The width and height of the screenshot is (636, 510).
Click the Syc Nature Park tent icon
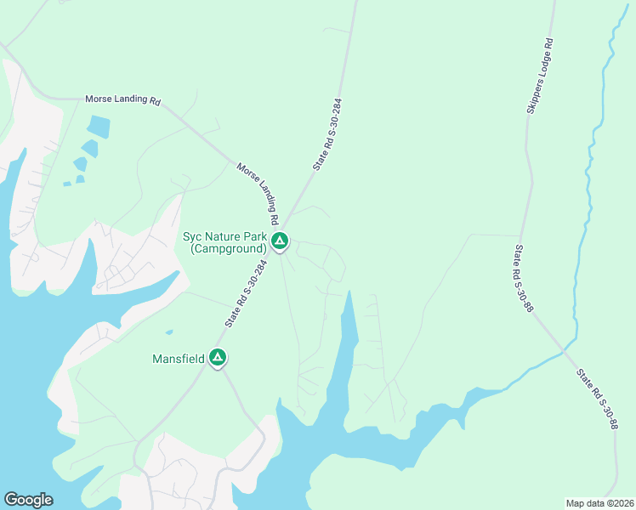[x=280, y=242]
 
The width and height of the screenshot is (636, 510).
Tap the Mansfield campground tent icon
[x=219, y=359]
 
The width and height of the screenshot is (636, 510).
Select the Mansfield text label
[x=179, y=359]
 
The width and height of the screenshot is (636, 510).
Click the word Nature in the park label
[x=233, y=236]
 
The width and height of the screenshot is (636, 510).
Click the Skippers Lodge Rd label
[x=539, y=75]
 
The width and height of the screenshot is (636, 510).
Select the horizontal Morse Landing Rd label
[x=122, y=99]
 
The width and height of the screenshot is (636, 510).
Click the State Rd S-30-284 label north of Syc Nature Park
[x=327, y=134]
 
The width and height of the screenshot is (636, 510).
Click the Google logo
[x=28, y=500]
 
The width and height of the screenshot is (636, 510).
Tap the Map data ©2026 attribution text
[x=599, y=503]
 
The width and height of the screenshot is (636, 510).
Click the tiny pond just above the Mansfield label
[x=169, y=332]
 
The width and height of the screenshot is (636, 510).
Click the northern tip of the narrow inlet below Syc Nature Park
[x=348, y=293]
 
